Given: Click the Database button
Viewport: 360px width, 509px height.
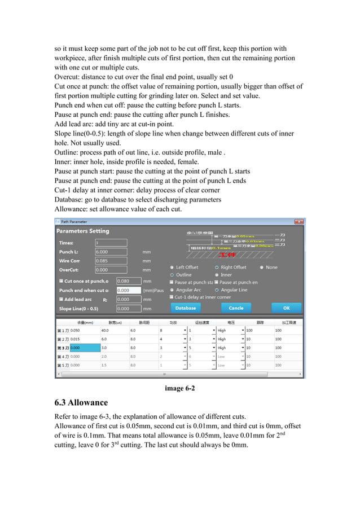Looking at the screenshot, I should pos(186,308).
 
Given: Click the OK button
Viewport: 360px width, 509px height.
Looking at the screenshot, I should pos(286,308).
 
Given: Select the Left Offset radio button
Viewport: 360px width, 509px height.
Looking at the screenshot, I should pos(172,267).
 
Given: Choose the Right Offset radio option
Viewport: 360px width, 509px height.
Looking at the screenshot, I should pos(217,267).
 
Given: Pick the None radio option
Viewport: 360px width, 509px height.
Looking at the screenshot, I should pos(261,267).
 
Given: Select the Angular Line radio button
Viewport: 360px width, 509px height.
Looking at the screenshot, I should pos(217,290).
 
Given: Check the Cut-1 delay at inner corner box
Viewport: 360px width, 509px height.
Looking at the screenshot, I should pos(172,297).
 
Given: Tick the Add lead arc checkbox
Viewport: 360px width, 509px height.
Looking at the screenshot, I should pos(61,299).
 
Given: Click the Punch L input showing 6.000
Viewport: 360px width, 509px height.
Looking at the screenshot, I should pos(111,252).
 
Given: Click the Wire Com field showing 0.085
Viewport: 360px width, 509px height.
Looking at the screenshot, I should pos(111,261).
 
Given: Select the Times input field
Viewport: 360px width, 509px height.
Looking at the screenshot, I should pos(111,243).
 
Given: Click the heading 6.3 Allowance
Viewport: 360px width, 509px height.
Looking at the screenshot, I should pos(81,403).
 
